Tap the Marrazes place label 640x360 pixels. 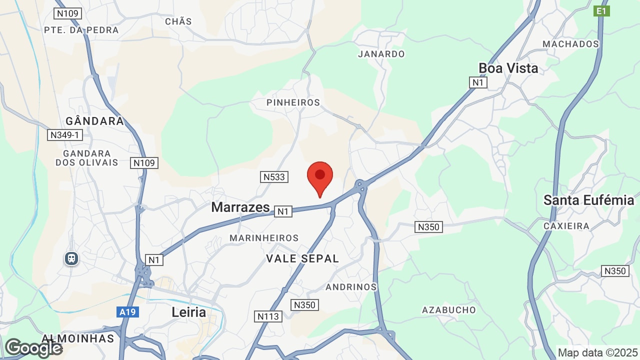[x=240, y=207]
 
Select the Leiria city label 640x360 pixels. [x=189, y=312]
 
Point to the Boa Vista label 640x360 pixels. [x=508, y=68]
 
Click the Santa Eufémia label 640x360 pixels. [x=588, y=200]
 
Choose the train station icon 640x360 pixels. [x=71, y=258]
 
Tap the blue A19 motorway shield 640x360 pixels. [x=128, y=312]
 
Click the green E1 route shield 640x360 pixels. [x=601, y=11]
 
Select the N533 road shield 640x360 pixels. [x=274, y=176]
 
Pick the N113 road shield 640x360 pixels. [x=268, y=316]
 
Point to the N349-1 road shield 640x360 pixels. [x=65, y=135]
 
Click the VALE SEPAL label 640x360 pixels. [x=302, y=258]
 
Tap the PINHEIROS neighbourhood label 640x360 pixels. [x=293, y=102]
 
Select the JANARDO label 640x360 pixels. [x=381, y=54]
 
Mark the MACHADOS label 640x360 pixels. [x=570, y=44]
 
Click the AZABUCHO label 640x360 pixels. [x=449, y=310]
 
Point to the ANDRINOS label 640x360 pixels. [x=351, y=287]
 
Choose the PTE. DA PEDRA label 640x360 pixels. [x=81, y=30]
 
